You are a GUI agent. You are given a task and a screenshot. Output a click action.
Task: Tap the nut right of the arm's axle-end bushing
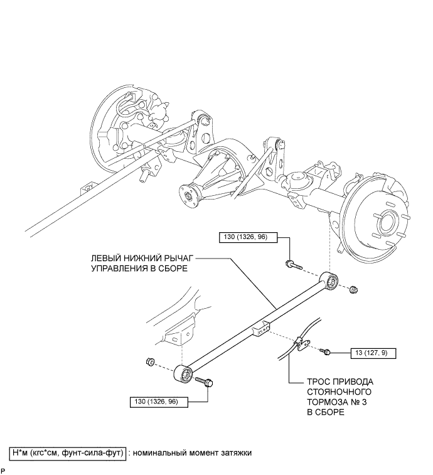(x=354, y=289)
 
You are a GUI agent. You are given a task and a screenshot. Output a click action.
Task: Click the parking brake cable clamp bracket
(x=301, y=343)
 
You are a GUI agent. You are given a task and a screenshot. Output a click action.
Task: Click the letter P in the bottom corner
(x=3, y=470)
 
